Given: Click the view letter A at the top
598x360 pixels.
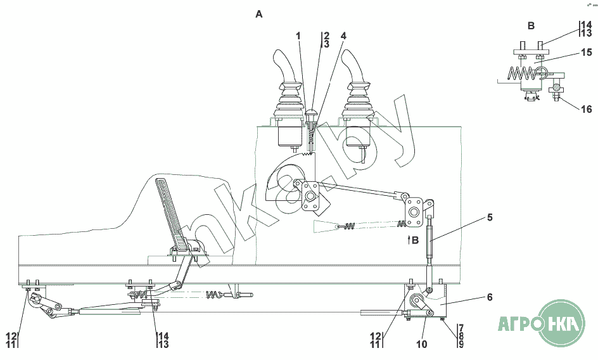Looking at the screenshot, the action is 259,14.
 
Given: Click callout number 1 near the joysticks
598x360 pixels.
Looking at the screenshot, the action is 298,36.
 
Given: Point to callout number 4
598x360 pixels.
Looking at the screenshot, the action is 343,36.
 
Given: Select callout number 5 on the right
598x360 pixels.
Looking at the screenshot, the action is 490,217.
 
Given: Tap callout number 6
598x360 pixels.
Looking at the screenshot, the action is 490,297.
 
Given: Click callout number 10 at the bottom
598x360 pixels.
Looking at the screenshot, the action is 421,344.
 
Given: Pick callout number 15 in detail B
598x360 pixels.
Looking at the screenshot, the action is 586,53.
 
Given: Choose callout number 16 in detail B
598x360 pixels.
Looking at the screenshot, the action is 586,109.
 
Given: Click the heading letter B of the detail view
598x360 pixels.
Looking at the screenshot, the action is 531,26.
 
